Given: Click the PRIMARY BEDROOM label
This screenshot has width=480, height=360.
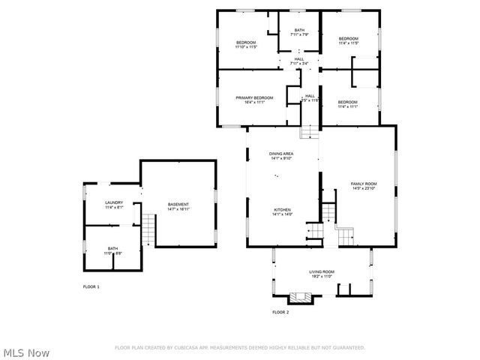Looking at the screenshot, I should click(x=253, y=97).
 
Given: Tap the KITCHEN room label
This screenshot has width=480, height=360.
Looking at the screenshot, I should click(x=282, y=210).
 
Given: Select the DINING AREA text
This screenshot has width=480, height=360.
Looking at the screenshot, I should click(x=281, y=154).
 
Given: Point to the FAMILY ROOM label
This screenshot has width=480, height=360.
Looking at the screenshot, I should click(x=364, y=184).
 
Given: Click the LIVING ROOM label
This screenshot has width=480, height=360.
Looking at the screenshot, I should click(x=322, y=271).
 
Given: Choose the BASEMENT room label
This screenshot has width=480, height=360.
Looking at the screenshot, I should click(x=178, y=204).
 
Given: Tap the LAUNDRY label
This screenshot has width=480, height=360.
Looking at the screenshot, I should click(x=113, y=202).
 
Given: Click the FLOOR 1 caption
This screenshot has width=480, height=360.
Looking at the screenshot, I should click(x=91, y=287).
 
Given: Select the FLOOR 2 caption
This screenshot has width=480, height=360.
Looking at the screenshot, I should click(x=280, y=312).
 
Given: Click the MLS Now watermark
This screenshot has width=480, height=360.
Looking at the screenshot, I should click(x=27, y=352).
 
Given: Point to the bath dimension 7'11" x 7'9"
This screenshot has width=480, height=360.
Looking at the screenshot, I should click(x=299, y=34).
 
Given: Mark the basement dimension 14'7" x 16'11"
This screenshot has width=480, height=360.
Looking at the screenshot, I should click(x=178, y=209).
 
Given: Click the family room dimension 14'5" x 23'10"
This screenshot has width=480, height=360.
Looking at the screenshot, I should click(x=364, y=189).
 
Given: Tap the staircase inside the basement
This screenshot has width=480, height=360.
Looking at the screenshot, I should click(x=148, y=229).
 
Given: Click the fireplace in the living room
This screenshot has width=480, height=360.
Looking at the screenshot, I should click(x=301, y=297).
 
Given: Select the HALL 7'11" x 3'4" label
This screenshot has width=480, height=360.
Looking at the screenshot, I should click(x=299, y=59).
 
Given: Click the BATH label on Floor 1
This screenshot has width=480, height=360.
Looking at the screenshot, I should click(x=112, y=248).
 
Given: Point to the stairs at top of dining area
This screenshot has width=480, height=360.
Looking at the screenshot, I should click(x=309, y=132).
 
